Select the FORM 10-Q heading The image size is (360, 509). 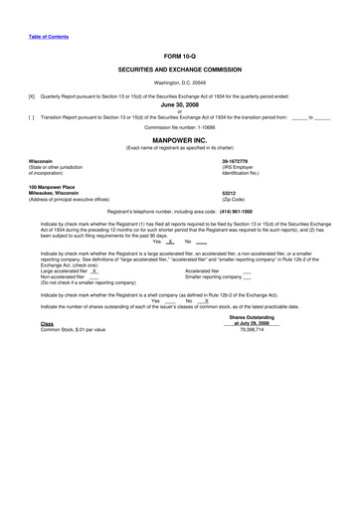tap(180, 57)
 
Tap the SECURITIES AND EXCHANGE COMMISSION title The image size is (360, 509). tap(180, 71)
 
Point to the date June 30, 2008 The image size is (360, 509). tap(180, 102)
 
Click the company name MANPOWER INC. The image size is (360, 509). tap(180, 140)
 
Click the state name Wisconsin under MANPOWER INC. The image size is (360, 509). tap(41, 160)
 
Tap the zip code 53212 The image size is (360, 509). tap(229, 193)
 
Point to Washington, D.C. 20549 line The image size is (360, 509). tap(180, 83)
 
